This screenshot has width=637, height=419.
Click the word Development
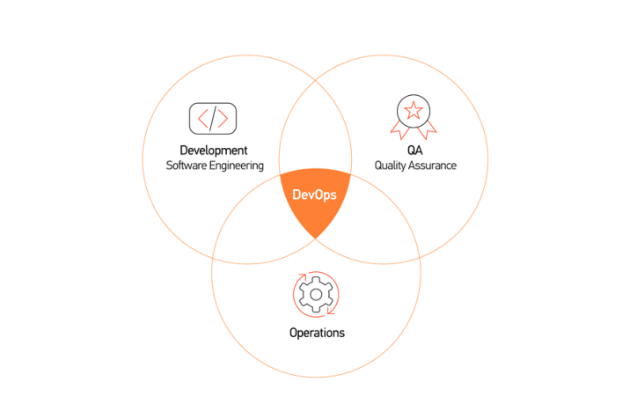tap(214, 151)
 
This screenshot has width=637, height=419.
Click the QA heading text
tap(414, 151)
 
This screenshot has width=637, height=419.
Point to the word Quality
tap(391, 166)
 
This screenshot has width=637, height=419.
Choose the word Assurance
tap(433, 165)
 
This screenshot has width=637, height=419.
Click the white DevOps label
tap(314, 195)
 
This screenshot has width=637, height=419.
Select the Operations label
tap(317, 333)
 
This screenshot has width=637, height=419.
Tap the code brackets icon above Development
tap(213, 119)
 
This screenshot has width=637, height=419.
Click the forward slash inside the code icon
tap(213, 119)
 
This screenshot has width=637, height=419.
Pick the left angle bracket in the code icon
tap(202, 119)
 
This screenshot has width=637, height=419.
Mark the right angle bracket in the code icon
tap(223, 119)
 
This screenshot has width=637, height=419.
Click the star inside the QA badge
tap(414, 110)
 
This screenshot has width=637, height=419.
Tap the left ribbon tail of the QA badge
tap(400, 130)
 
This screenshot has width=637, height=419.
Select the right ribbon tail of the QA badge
tap(427, 130)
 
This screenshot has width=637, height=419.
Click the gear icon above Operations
tap(316, 295)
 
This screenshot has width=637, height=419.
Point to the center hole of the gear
tap(316, 295)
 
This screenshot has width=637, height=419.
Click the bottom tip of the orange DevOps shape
tap(315, 239)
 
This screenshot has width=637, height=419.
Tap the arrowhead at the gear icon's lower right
tap(332, 311)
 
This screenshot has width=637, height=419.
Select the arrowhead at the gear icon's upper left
tap(302, 277)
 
